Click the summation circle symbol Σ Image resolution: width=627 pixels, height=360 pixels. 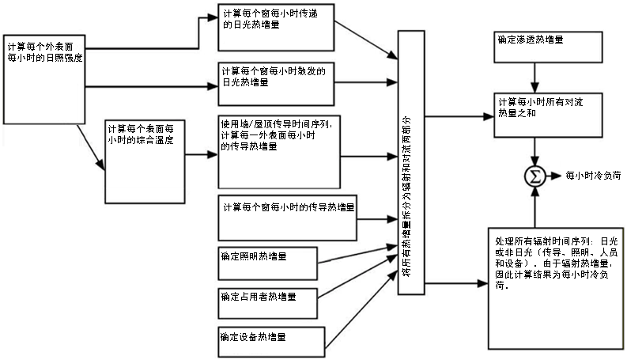point(536,176)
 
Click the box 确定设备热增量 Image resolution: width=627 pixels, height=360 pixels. point(269,341)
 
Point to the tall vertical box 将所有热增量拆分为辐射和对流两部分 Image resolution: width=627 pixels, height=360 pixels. point(410,163)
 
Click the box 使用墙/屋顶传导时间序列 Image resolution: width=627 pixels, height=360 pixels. point(279,151)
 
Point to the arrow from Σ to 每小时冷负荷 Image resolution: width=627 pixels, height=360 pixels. point(554,176)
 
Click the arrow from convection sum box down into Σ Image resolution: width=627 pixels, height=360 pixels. point(537,150)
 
